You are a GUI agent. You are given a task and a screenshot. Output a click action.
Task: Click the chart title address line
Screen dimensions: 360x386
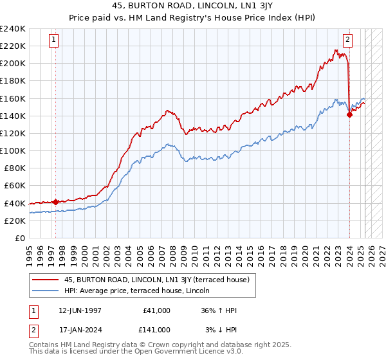[x=193, y=7]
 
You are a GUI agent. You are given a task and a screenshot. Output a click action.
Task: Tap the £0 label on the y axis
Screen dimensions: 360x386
[x=19, y=238]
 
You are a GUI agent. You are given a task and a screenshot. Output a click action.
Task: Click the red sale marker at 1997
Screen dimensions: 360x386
[x=55, y=202]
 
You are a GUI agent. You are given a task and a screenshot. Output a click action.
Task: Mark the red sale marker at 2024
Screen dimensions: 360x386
[x=349, y=115]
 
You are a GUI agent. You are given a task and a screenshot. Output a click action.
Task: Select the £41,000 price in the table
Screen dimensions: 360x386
[x=157, y=310]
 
